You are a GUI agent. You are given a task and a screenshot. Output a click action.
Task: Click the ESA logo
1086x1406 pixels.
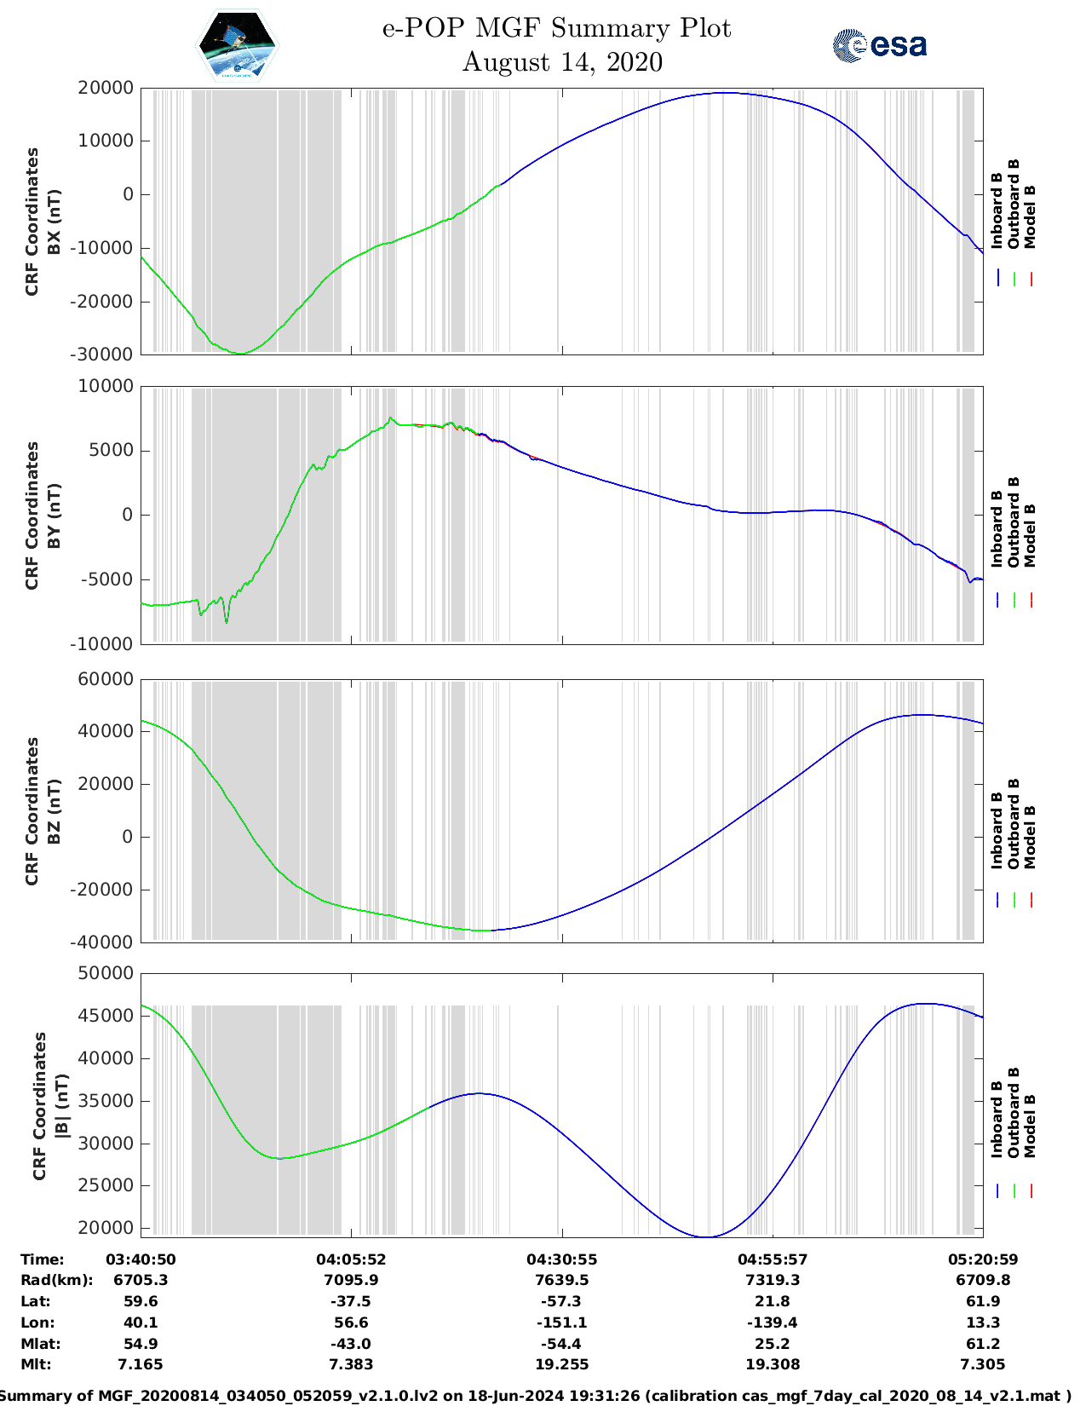(x=879, y=45)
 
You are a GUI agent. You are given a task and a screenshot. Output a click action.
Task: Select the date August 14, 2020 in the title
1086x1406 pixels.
(x=562, y=62)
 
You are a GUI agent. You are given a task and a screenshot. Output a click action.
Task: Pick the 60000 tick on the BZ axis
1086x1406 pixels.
(x=105, y=679)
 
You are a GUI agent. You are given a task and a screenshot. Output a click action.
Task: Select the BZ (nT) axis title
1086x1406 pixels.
(x=54, y=811)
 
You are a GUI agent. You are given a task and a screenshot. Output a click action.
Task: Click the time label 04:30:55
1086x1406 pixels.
(x=561, y=1259)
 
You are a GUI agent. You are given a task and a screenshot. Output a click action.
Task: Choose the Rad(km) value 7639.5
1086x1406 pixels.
(x=561, y=1280)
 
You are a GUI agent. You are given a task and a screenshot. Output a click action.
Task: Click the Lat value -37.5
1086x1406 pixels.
(x=351, y=1301)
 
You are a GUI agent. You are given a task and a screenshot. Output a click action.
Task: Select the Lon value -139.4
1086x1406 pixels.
(x=773, y=1322)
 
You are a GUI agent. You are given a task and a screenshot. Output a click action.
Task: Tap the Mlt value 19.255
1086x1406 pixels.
(x=561, y=1364)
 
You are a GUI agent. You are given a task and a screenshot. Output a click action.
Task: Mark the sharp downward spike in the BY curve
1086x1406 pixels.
(x=227, y=622)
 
